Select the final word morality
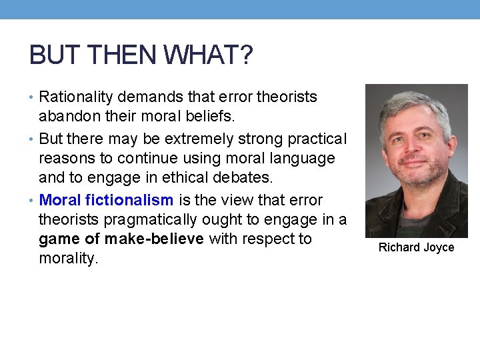click(68, 259)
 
